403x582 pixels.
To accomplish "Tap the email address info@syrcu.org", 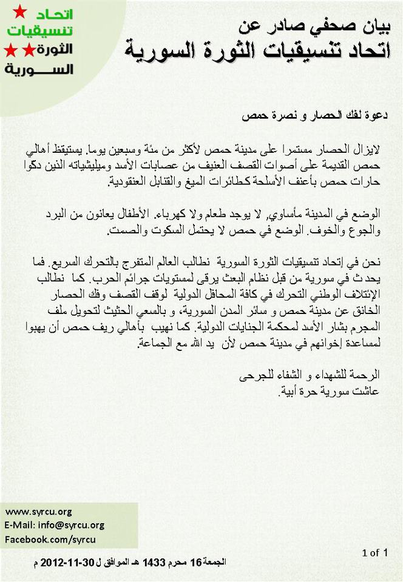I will (x=55, y=525).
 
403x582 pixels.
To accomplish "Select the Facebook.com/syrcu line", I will (x=50, y=539).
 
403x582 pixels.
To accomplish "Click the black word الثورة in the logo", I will (x=58, y=48).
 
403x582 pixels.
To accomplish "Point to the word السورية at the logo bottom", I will (x=39, y=69).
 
